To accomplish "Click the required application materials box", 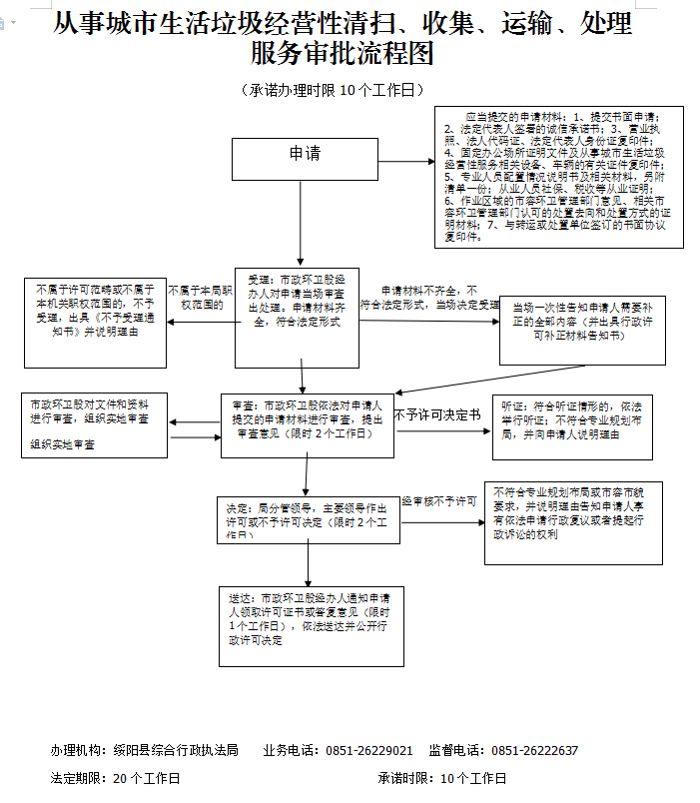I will [559, 176].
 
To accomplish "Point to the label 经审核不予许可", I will [439, 500].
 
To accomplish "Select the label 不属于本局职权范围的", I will [201, 298].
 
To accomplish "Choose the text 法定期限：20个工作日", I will [116, 778].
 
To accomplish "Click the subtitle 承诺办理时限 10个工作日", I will [329, 91].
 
